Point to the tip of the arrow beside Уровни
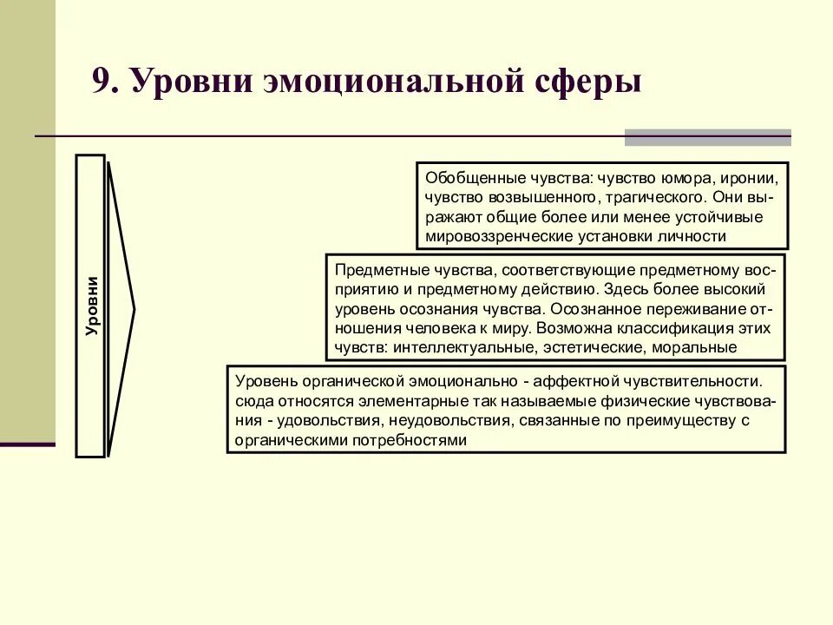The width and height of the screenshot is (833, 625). pyautogui.click(x=134, y=306)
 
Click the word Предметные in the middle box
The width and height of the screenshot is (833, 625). pyautogui.click(x=372, y=271)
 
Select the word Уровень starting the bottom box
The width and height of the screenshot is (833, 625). pyautogui.click(x=265, y=382)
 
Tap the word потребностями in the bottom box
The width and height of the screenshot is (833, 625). pyautogui.click(x=410, y=440)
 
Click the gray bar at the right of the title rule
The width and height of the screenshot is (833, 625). pyautogui.click(x=708, y=137)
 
